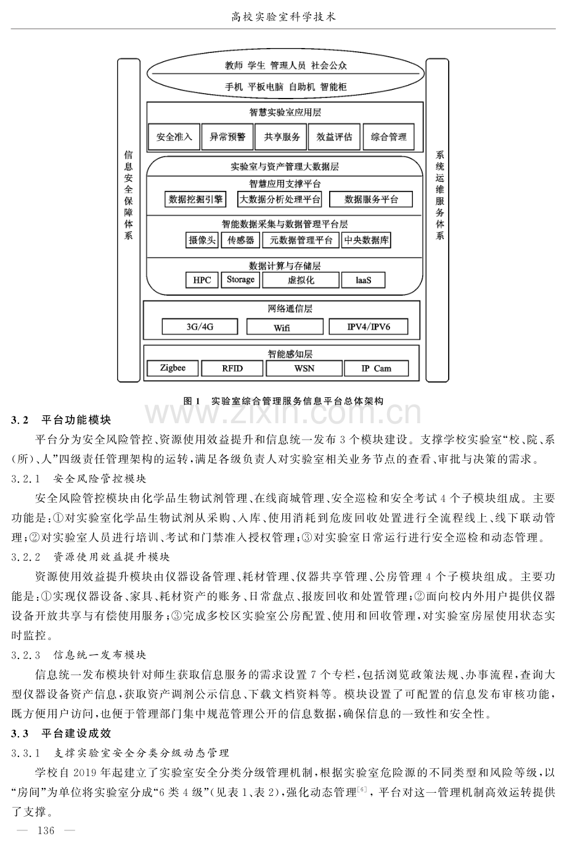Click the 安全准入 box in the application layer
tap(174, 137)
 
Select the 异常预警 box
tap(227, 137)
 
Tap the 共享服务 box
tap(282, 137)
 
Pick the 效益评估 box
tap(335, 137)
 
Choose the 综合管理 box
tap(388, 137)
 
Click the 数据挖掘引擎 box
tap(195, 199)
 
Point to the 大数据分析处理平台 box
tap(280, 199)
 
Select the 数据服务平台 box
tap(371, 199)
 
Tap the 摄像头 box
tap(202, 240)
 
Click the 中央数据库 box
tap(366, 240)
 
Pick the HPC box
tap(202, 280)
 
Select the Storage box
tap(240, 280)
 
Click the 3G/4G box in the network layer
tap(200, 326)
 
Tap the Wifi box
tap(285, 326)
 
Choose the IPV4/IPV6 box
tap(369, 326)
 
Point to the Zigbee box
tap(173, 368)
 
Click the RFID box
tap(232, 368)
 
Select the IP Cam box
tap(377, 368)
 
